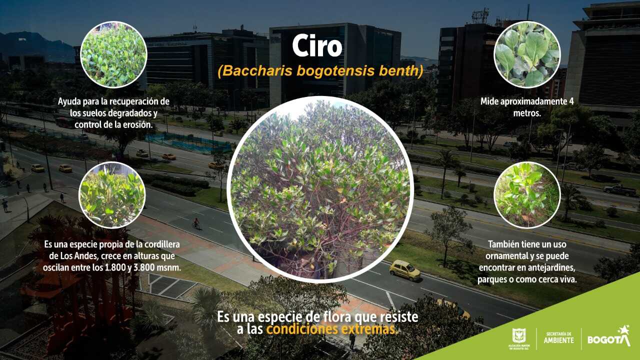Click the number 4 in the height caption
(571, 101)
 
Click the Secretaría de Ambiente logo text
(558, 337)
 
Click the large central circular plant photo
(320, 189)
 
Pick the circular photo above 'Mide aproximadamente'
(527, 54)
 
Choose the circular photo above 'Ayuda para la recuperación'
(113, 54)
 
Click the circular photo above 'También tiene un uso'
(527, 195)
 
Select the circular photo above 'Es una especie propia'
(112, 195)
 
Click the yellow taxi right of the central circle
(405, 269)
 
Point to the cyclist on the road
(196, 223)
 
